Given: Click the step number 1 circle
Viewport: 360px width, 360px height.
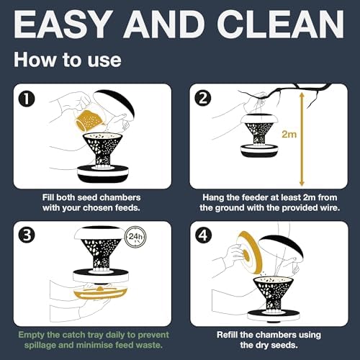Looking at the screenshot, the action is point(27,99).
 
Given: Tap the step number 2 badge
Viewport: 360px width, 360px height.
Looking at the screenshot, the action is point(203,99).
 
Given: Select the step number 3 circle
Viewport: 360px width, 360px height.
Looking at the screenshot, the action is point(27,235).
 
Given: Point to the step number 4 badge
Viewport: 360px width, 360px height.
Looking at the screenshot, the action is point(203,235).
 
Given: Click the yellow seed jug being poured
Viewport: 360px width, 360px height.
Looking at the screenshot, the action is point(89,121).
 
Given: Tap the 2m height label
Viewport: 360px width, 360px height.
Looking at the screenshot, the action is point(289,134).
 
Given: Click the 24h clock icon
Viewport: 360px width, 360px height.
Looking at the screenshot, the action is point(135,237).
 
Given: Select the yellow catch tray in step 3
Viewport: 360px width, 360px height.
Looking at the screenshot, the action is point(101,292).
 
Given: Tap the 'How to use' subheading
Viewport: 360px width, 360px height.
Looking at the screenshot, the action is point(68,60).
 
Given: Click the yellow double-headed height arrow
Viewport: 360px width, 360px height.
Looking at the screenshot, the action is point(302,140).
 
